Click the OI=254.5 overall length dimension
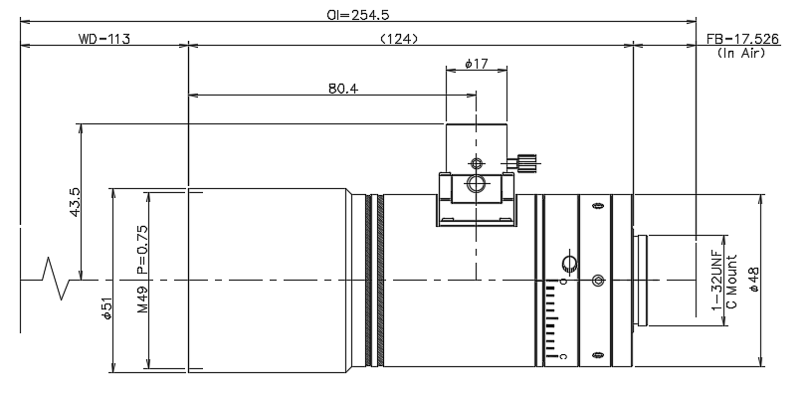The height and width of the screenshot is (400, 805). tap(358, 15)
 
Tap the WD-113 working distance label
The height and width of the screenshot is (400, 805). tap(104, 39)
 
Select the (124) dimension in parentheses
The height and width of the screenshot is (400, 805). tap(399, 39)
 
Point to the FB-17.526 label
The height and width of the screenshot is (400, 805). tap(742, 39)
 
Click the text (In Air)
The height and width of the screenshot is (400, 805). tap(741, 53)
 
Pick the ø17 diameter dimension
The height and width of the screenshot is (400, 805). tap(476, 64)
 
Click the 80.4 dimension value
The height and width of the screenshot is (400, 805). tap(343, 89)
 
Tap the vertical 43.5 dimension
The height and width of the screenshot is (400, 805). tap(75, 202)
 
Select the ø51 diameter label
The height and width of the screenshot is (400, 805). tap(106, 308)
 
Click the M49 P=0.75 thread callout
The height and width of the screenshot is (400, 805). tap(142, 269)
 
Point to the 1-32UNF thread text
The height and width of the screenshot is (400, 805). tap(717, 281)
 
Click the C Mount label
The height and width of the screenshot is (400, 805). tap(731, 282)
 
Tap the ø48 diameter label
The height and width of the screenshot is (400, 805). tap(753, 280)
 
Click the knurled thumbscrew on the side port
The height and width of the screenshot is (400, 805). tap(525, 163)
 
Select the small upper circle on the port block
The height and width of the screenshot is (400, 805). tap(477, 164)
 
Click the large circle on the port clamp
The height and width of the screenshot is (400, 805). tap(476, 183)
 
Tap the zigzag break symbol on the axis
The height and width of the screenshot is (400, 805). tap(55, 279)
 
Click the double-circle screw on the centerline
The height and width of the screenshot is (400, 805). tap(598, 281)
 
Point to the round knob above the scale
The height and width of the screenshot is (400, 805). tap(570, 264)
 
